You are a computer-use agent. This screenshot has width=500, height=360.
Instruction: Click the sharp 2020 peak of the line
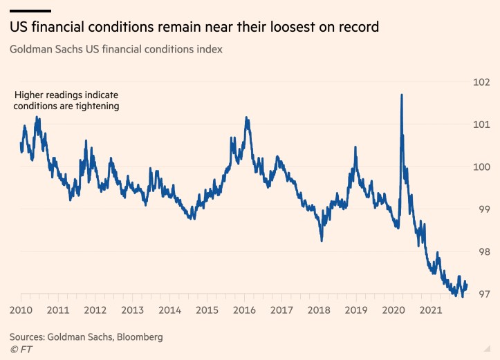pyautogui.click(x=402, y=95)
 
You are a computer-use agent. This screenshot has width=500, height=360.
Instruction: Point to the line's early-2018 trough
pyautogui.click(x=322, y=240)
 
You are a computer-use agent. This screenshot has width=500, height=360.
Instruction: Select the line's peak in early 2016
pyautogui.click(x=247, y=118)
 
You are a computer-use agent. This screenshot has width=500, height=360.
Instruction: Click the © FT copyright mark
pyautogui.click(x=21, y=350)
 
